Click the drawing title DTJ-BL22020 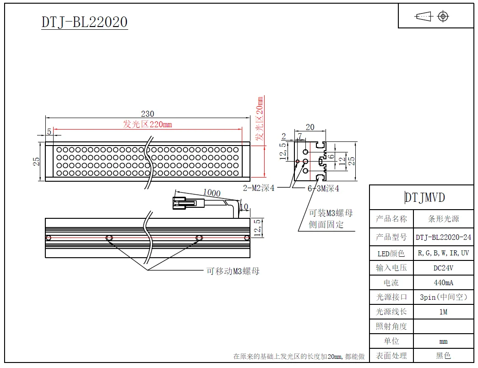click(84, 22)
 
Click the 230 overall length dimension click(147, 114)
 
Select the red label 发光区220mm click(147, 124)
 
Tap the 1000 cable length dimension click(212, 193)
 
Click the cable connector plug click(184, 203)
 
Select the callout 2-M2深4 click(259, 188)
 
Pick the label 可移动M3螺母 click(233, 271)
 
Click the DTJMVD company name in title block click(424, 197)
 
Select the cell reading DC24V click(443, 268)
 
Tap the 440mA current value click(443, 282)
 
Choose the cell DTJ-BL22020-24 click(443, 237)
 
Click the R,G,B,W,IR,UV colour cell click(443, 253)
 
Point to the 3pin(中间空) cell click(443, 297)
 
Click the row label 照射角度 click(391, 326)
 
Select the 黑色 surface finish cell click(443, 355)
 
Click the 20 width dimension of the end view click(310, 127)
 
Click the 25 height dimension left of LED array click(37, 161)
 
